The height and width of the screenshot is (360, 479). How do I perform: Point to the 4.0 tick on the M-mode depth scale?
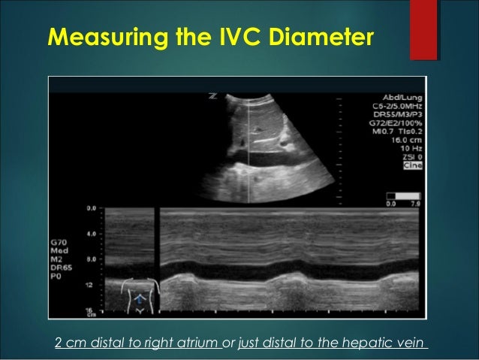(x=91, y=234)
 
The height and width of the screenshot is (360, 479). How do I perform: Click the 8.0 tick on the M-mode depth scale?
(x=91, y=259)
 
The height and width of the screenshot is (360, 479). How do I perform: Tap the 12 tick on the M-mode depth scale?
(x=89, y=286)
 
